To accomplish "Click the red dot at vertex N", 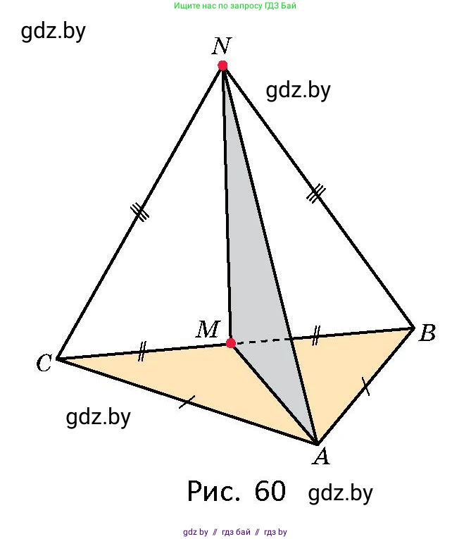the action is coord(222,66).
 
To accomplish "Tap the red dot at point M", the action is coord(231,342).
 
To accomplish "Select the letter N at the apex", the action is coord(221,46).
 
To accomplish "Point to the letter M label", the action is coord(208,329).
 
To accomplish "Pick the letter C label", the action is coord(44,363).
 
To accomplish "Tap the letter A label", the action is coord(321,457).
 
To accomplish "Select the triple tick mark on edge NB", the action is coord(315,194).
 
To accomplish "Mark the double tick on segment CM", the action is coord(142,352).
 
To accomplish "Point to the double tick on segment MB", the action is coord(315,335).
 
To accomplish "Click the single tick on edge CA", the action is coord(187,402).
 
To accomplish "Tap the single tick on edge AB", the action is coord(366,386).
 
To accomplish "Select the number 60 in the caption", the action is coord(270,491).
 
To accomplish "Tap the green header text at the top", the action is coord(235,6).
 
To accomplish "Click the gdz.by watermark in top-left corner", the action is coord(54,32).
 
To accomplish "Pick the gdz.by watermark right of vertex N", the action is coord(299,91).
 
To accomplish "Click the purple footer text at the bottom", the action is coord(235,532).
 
